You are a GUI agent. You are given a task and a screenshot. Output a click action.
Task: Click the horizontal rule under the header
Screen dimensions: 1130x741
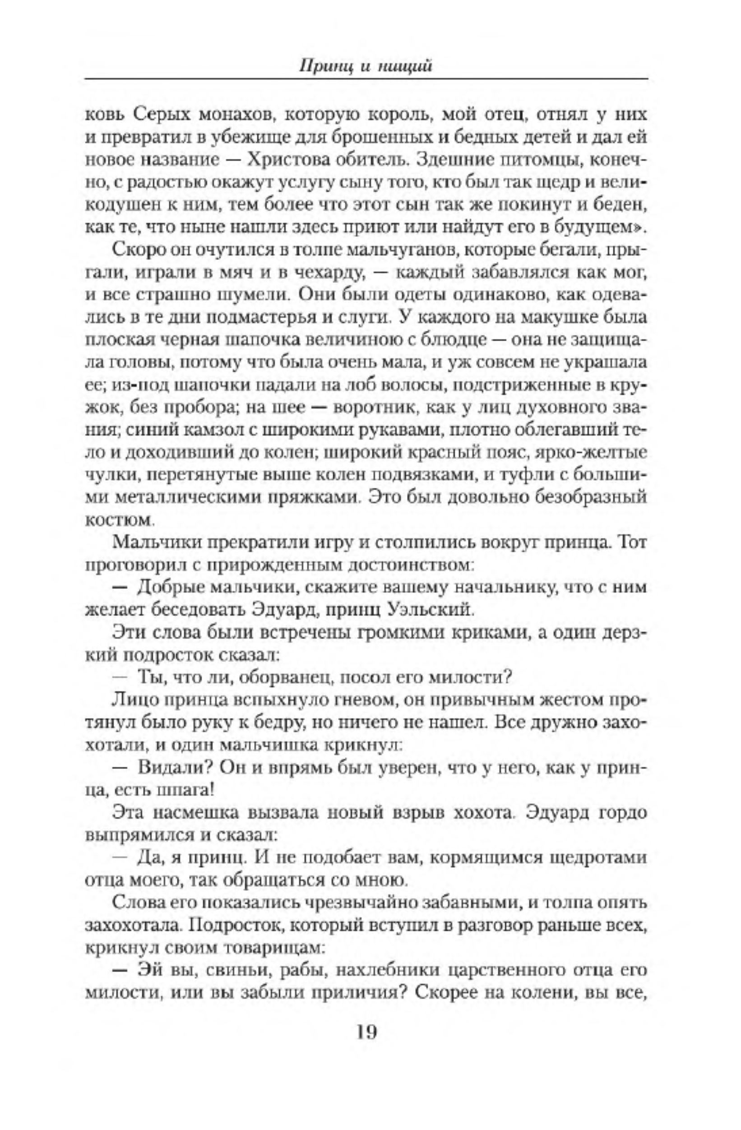(366, 79)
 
